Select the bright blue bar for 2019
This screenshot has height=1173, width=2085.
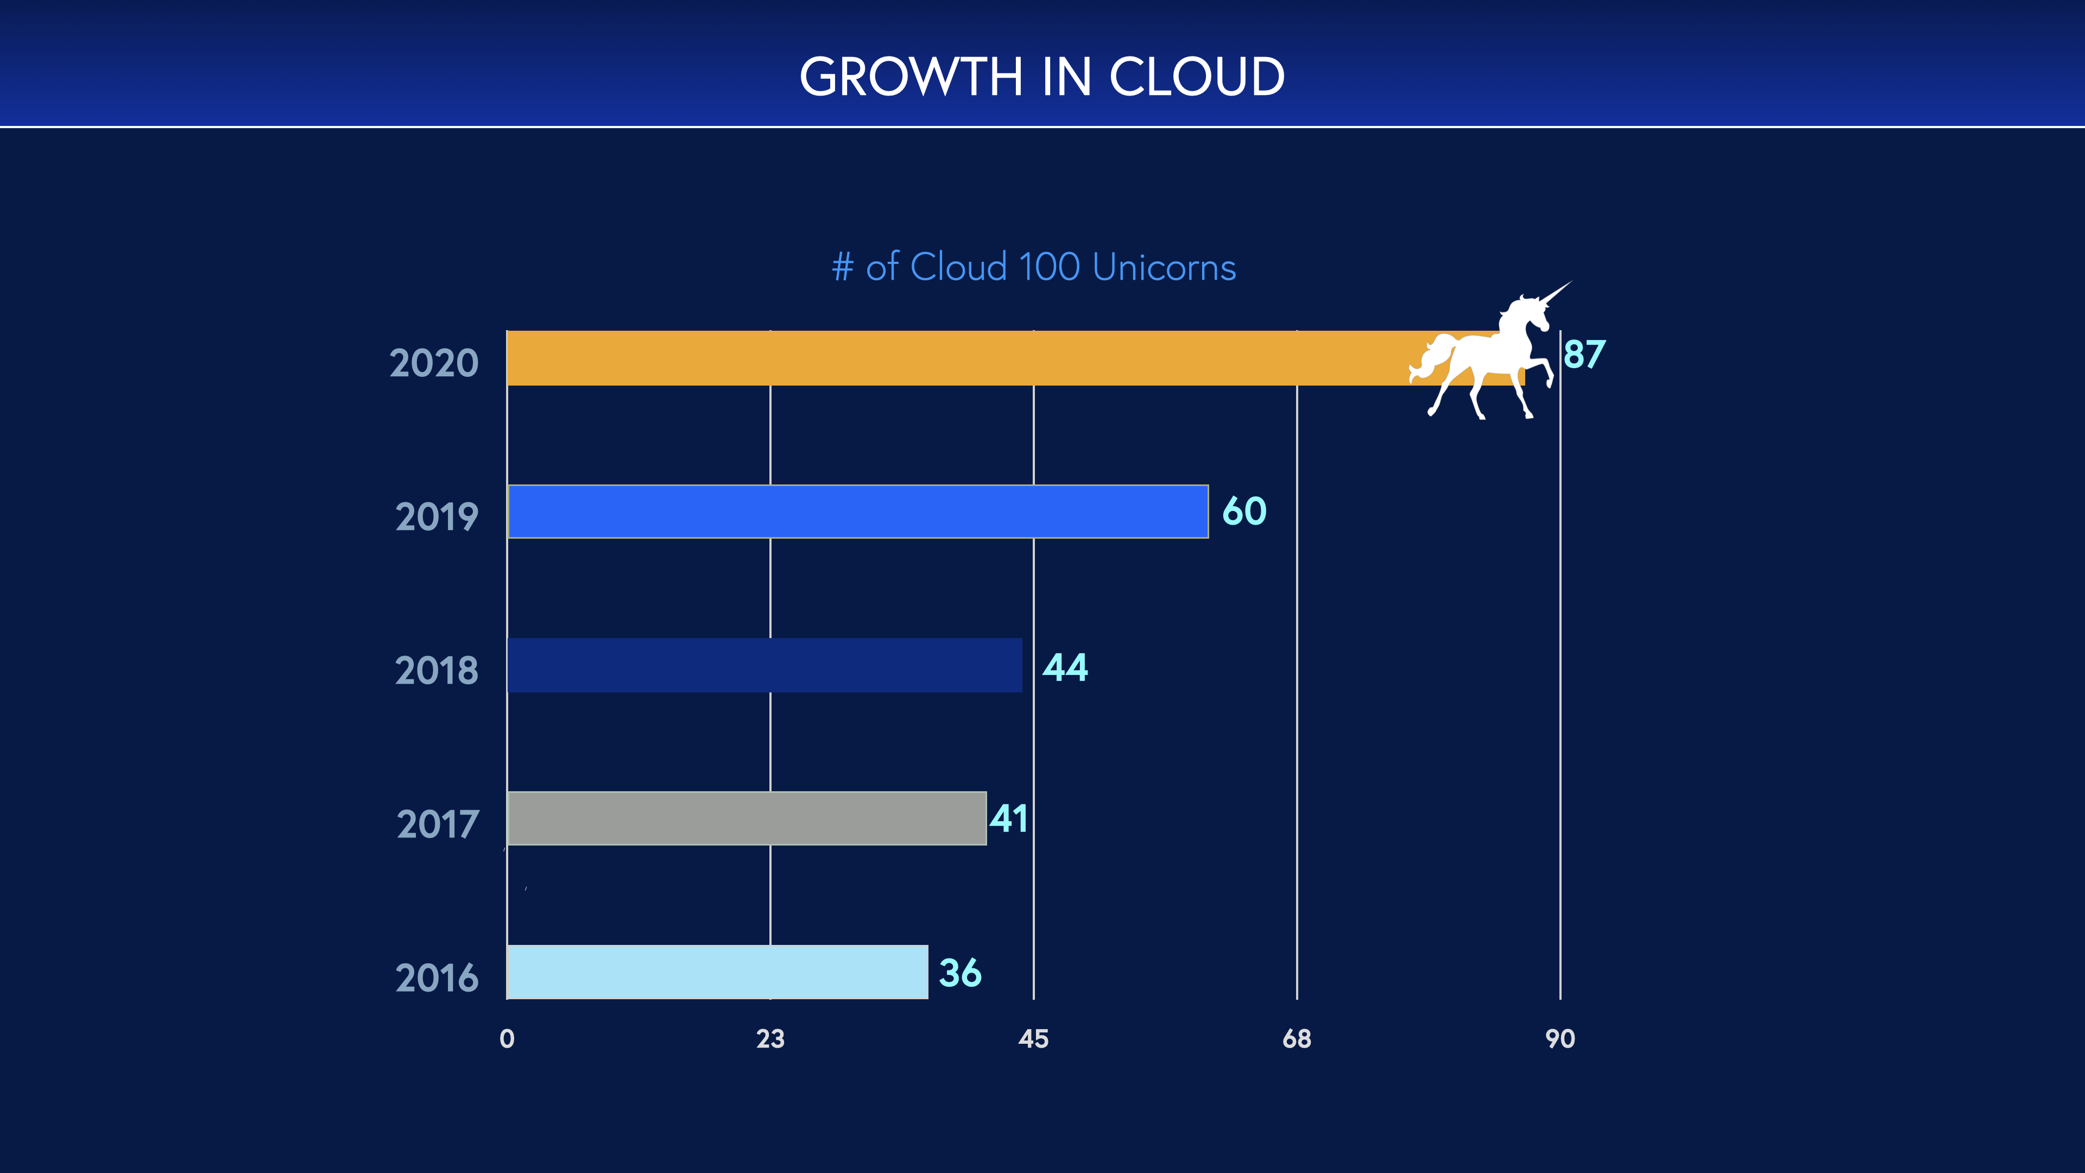pyautogui.click(x=858, y=512)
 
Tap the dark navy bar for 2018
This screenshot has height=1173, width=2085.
pyautogui.click(x=765, y=665)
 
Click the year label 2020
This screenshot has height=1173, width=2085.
pyautogui.click(x=434, y=363)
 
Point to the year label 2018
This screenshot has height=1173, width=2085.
pyautogui.click(x=436, y=671)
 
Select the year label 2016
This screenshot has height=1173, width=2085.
pyautogui.click(x=436, y=978)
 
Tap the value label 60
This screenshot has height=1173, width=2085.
pyautogui.click(x=1244, y=512)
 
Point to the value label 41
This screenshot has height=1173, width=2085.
pyautogui.click(x=1008, y=818)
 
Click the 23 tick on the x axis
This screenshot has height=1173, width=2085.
pyautogui.click(x=770, y=1039)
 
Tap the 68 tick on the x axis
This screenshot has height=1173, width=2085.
pyautogui.click(x=1297, y=1039)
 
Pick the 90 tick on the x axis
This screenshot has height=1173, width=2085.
pyautogui.click(x=1560, y=1039)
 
